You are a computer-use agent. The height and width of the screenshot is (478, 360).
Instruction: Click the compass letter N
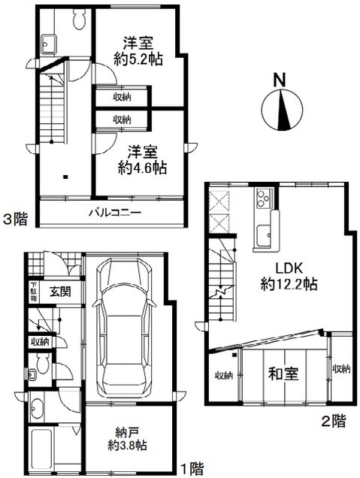pyautogui.click(x=280, y=80)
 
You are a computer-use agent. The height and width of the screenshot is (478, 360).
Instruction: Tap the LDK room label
pyautogui.click(x=289, y=268)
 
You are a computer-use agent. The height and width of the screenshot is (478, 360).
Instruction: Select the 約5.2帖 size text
pyautogui.click(x=138, y=59)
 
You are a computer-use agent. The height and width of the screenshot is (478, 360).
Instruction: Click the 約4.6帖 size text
pyautogui.click(x=142, y=168)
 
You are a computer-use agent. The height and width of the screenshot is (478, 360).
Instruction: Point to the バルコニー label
pyautogui.click(x=115, y=212)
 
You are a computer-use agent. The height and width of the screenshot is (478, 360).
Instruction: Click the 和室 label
pyautogui.click(x=283, y=374)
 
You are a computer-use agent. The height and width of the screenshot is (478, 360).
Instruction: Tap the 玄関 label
pyautogui.click(x=60, y=292)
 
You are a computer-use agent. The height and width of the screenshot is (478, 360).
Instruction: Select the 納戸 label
pyautogui.click(x=128, y=432)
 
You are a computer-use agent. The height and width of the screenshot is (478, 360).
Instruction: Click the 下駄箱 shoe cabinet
pyautogui.click(x=34, y=292)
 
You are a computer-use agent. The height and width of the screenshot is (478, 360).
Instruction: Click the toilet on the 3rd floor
pyautogui.click(x=80, y=19)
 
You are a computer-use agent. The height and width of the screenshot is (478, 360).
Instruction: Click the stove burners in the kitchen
pyautogui.click(x=264, y=198)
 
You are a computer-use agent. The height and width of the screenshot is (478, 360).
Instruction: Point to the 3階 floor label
pyautogui.click(x=15, y=219)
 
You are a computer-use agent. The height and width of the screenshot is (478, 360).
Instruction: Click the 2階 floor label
pyautogui.click(x=334, y=421)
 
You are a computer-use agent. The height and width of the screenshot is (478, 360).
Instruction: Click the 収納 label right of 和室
pyautogui.click(x=341, y=369)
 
